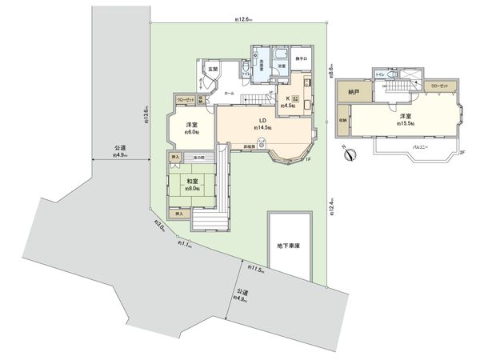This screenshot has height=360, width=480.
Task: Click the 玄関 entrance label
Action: [x=212, y=70]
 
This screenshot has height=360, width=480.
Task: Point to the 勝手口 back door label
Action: [x=302, y=58]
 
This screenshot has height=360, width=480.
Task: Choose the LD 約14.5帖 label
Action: [x=262, y=123]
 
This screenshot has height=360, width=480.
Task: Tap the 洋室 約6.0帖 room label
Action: [x=192, y=129]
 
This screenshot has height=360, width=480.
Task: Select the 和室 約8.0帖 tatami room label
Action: [x=193, y=186]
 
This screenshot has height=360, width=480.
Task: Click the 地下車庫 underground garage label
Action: [x=288, y=245]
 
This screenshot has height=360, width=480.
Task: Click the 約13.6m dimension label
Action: [x=146, y=115]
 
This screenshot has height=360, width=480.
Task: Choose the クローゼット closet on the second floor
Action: [x=438, y=84]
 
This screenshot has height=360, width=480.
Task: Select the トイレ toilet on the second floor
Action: [x=382, y=74]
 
